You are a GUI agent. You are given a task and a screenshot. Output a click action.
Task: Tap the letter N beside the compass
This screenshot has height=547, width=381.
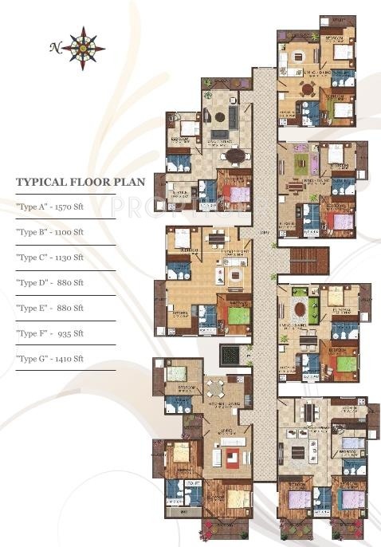(x=55, y=48)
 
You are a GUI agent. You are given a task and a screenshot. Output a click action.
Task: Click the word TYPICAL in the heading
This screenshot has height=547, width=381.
(x=41, y=182)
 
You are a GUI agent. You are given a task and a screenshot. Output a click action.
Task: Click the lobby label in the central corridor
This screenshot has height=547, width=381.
(x=263, y=232)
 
